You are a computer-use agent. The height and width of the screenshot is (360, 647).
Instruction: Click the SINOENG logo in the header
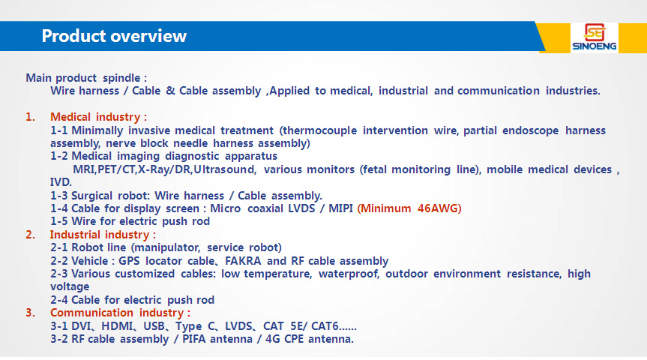click(595, 37)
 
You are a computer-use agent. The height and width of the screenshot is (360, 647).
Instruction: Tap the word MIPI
click(340, 208)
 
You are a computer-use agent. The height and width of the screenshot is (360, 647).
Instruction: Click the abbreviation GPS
click(129, 261)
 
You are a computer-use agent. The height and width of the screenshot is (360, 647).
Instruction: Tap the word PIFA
click(194, 339)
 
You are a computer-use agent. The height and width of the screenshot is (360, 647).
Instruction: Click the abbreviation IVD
click(61, 182)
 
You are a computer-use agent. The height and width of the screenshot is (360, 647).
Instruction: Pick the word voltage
click(70, 286)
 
